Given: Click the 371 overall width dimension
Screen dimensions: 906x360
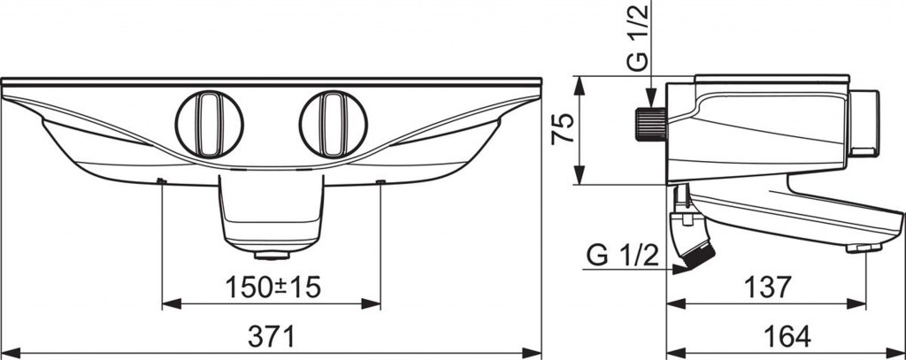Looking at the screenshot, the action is (271, 336).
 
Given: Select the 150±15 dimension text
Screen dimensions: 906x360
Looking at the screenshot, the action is (273, 287).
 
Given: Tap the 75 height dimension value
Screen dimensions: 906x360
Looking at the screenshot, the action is (563, 128).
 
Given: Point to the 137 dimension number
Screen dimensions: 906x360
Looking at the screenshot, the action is (767, 287).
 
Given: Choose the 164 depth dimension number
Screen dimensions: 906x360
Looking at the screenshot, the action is (787, 336).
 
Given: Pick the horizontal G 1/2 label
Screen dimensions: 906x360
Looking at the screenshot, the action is (622, 255).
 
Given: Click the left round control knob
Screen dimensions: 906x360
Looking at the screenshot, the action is (209, 124).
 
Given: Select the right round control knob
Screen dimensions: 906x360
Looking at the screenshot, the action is (334, 124).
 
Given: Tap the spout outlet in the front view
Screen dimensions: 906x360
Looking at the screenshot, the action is (271, 255).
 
